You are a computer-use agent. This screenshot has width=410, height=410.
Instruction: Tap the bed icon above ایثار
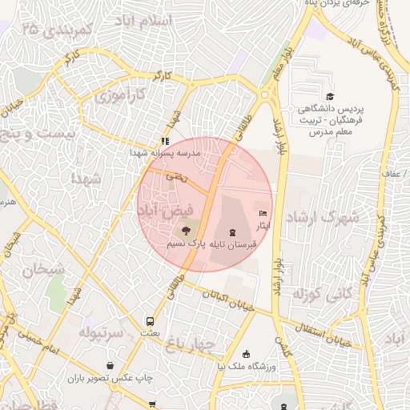click(x=263, y=214)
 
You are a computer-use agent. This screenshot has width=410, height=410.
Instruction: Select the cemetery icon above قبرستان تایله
click(x=232, y=232)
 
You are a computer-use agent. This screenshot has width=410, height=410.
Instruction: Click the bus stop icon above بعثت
click(x=150, y=320)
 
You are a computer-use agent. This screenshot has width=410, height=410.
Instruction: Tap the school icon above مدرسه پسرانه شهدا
click(x=166, y=141)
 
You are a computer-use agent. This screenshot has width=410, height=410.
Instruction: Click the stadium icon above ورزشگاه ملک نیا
click(x=246, y=354)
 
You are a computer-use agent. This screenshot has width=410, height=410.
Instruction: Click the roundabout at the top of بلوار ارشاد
click(x=265, y=96)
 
